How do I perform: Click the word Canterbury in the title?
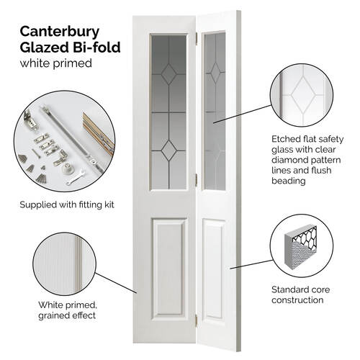60,32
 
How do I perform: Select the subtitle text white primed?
56,63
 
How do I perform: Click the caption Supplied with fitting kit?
67,204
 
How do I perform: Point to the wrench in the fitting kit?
76,178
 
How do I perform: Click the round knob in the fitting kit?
67,168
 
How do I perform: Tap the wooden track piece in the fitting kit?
99,133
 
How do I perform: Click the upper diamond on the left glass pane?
168,74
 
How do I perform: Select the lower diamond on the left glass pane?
168,150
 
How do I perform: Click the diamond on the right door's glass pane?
215,72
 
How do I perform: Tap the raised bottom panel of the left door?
169,269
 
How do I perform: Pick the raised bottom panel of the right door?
214,269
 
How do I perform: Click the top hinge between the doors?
197,39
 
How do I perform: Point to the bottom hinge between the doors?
197,321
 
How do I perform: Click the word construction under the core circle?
297,300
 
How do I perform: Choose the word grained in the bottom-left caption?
51,315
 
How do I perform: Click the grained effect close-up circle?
65,264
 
